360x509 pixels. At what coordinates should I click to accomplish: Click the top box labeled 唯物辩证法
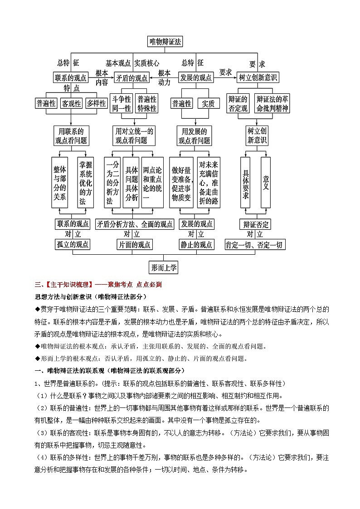[x=165, y=42]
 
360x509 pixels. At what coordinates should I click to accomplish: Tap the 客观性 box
[x=72, y=103]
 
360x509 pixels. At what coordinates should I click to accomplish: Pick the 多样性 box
[x=96, y=103]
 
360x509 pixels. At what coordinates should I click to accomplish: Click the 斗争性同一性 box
[x=121, y=103]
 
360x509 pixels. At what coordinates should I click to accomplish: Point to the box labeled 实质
[x=208, y=103]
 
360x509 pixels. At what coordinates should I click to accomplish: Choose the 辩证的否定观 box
[x=238, y=103]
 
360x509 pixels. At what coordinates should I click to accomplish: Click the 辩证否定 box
[x=256, y=224]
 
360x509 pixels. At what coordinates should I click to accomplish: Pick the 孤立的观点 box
[x=73, y=245]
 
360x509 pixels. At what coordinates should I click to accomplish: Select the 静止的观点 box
[x=196, y=245]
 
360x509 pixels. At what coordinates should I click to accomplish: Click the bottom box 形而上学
[x=164, y=267]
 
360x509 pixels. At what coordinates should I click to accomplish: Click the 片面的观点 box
[x=134, y=245]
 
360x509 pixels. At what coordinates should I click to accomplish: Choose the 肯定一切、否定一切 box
[x=255, y=245]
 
